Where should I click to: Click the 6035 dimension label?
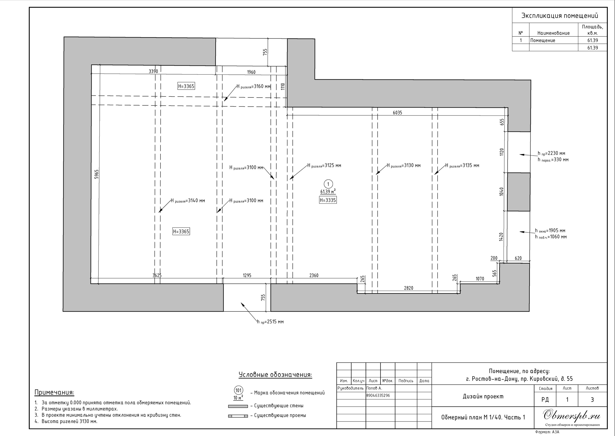[x=397, y=113]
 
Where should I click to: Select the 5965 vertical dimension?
[x=97, y=174]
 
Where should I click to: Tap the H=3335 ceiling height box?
[x=328, y=200]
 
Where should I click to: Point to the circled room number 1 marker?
[x=328, y=184]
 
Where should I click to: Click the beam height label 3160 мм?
[x=253, y=86]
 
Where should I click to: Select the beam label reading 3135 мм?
[x=462, y=165]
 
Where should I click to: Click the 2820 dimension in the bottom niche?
[x=408, y=288]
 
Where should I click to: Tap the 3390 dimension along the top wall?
[x=153, y=71]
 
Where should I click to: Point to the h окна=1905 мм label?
[x=550, y=231]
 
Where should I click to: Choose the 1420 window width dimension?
[x=501, y=237]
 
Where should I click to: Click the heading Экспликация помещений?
[x=560, y=16]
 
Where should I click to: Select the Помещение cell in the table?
[x=543, y=41]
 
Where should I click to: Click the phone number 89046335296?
[x=378, y=395]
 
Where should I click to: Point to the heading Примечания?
[x=54, y=393]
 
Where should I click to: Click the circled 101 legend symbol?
[x=239, y=390]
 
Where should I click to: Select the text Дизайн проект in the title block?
[x=483, y=396]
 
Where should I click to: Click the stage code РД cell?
[x=545, y=400]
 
